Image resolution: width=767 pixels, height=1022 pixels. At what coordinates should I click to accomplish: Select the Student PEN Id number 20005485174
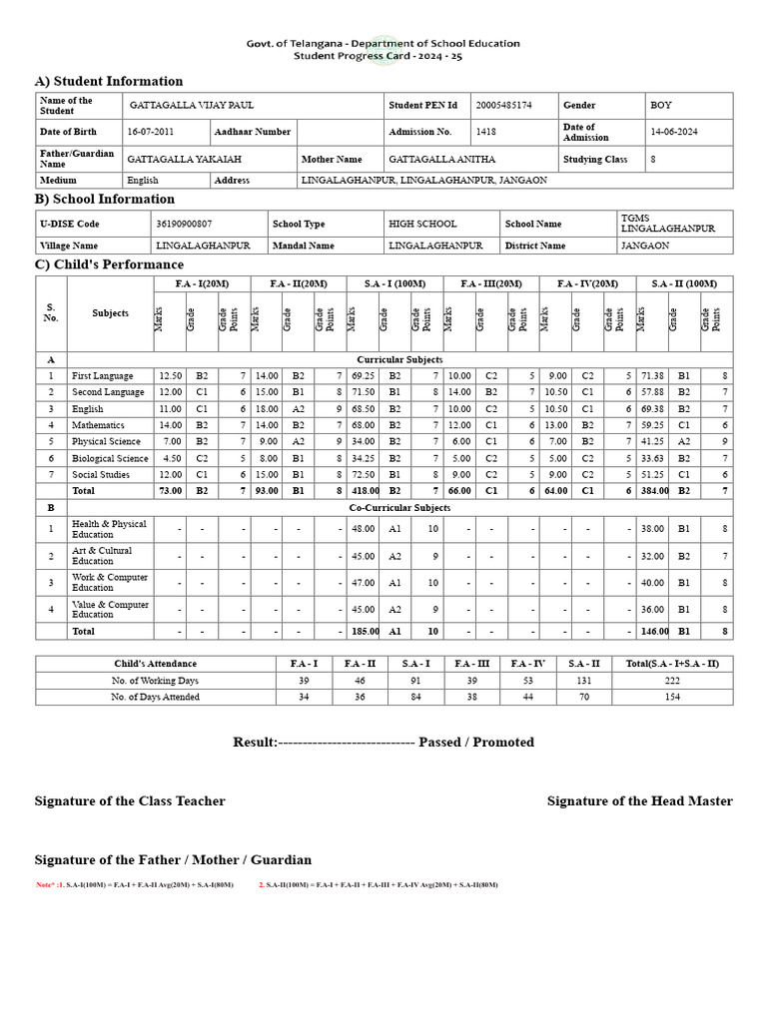[504, 105]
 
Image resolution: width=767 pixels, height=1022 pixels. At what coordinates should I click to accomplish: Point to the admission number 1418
[485, 132]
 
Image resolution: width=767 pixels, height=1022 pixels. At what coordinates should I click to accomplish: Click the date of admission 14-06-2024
[677, 132]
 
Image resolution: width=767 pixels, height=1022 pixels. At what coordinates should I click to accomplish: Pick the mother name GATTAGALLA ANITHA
[441, 159]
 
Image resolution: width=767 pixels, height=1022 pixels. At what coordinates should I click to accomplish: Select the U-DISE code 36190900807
[184, 225]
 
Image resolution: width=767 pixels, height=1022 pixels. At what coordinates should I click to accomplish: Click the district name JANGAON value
[645, 246]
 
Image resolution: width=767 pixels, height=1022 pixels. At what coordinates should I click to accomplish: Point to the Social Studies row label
[101, 475]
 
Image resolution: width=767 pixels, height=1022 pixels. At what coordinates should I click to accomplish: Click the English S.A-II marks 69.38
[652, 409]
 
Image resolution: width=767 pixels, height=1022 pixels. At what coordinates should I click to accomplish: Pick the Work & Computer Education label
[110, 582]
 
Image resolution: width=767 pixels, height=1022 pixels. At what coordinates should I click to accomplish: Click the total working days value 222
[671, 680]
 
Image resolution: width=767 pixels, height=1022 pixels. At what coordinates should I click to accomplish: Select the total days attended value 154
[671, 697]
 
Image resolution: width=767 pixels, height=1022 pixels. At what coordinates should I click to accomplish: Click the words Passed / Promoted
[476, 743]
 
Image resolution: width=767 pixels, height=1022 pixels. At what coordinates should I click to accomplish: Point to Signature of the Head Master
[639, 801]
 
